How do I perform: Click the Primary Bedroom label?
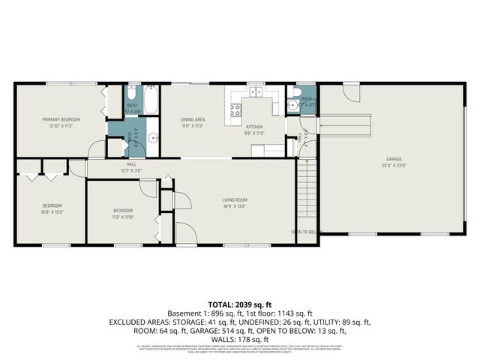(x=61, y=119)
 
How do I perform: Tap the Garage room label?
(x=394, y=160)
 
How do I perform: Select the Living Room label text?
(x=234, y=199)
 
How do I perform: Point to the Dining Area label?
(x=193, y=119)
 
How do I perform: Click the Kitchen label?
(x=255, y=127)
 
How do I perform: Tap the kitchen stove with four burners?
(x=235, y=110)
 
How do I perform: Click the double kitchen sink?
(x=257, y=93)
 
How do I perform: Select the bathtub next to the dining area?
(x=150, y=100)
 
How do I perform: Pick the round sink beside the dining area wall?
(x=152, y=137)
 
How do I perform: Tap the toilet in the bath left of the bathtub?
(x=130, y=94)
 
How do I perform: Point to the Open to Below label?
(x=306, y=232)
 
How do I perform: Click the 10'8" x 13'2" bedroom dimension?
(x=52, y=212)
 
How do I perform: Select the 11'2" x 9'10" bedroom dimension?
(x=123, y=217)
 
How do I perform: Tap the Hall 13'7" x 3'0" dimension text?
(x=131, y=170)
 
